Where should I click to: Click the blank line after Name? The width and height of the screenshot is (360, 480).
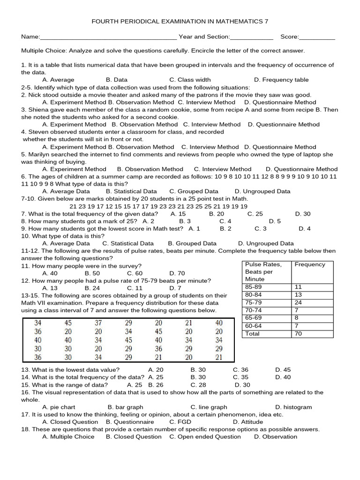click(108, 37)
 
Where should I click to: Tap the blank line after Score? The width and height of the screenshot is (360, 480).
click(317, 37)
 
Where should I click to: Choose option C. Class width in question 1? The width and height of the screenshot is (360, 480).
click(190, 80)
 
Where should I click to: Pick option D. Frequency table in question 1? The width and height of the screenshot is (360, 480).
click(281, 80)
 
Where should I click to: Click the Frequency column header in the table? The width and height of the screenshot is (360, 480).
click(309, 264)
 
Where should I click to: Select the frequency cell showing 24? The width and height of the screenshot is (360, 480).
click(299, 302)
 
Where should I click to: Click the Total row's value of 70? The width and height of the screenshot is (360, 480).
click(299, 334)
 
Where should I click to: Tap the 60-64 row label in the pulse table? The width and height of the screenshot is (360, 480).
click(254, 326)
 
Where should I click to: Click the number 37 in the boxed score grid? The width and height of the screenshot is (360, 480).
click(98, 323)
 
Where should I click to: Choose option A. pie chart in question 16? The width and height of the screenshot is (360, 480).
click(59, 407)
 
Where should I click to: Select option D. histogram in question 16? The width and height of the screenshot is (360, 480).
click(293, 407)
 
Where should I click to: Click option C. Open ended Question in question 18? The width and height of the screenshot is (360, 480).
click(205, 436)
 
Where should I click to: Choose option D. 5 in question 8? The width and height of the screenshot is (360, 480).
click(275, 221)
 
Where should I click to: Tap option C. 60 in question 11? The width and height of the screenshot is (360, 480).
click(135, 273)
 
